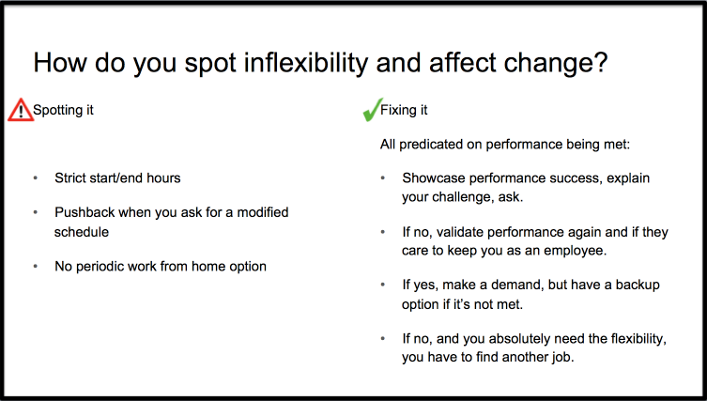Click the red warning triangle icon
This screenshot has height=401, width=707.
[x=21, y=110]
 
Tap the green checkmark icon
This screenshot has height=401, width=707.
[x=373, y=110]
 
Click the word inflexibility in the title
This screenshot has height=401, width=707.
[x=306, y=62]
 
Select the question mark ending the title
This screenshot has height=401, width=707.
[x=601, y=62]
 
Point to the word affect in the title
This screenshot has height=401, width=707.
[x=463, y=62]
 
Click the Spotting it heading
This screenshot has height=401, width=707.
[x=63, y=110]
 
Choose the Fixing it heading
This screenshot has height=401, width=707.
[x=404, y=110]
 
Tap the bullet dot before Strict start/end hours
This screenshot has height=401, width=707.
[x=35, y=178]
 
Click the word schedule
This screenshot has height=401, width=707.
[x=82, y=232]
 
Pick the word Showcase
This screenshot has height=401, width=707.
[x=434, y=178]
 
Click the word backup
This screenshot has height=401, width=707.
[x=638, y=285]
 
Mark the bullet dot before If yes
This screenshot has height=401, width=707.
[x=383, y=285]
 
